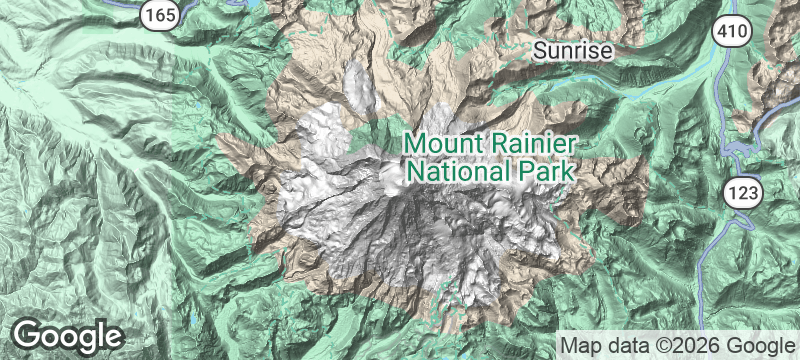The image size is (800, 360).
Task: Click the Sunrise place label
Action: [x=571, y=50]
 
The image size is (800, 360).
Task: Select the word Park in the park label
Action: [x=546, y=170]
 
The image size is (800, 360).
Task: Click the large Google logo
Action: [x=68, y=335]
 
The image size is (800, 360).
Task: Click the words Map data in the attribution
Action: [x=602, y=345]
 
